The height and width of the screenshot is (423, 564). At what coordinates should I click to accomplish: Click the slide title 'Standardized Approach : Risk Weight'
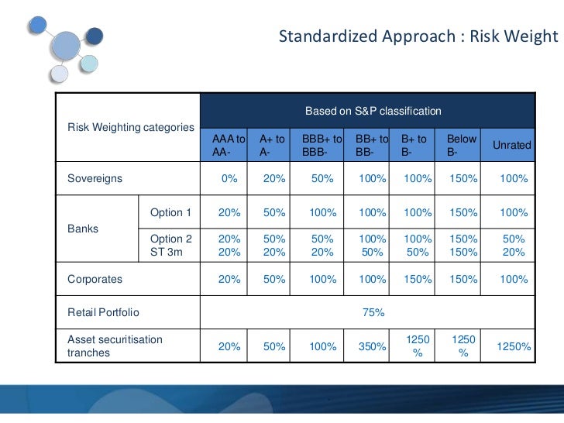click(x=418, y=36)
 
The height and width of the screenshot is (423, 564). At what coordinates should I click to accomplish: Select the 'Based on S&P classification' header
click(x=373, y=112)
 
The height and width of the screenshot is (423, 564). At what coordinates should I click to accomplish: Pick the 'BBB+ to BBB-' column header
click(x=322, y=146)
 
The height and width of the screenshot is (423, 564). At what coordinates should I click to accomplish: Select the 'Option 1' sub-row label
click(x=170, y=213)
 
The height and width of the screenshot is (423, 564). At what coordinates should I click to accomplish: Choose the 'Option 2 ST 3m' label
click(x=170, y=246)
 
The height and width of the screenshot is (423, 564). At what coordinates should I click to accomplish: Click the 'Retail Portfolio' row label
click(x=104, y=312)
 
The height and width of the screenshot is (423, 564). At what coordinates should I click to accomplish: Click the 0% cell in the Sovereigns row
click(x=229, y=179)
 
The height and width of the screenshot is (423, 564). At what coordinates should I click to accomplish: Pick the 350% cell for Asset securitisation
click(x=372, y=347)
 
